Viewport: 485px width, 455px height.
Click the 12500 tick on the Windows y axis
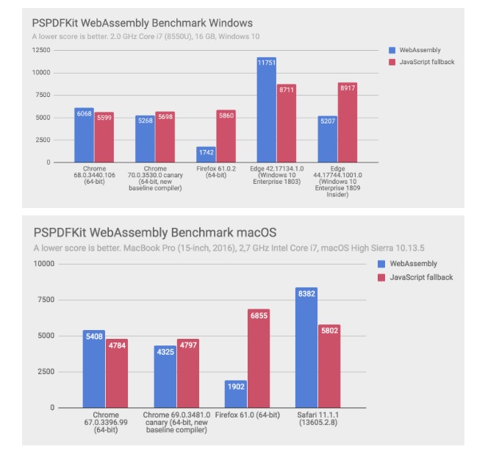pyautogui.click(x=40, y=50)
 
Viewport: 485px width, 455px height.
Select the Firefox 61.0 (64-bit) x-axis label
pyautogui.click(x=248, y=415)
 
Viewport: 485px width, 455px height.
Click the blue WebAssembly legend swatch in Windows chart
pyautogui.click(x=392, y=50)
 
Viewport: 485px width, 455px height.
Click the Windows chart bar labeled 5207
pyautogui.click(x=327, y=139)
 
